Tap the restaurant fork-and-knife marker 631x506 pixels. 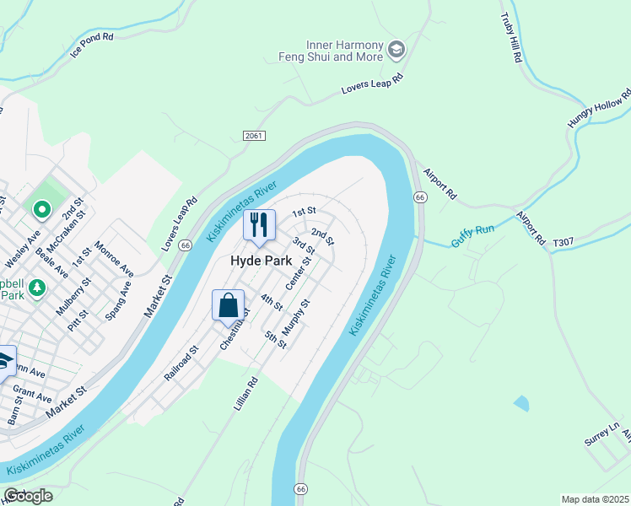point(260,224)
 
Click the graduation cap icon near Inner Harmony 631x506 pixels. point(396,51)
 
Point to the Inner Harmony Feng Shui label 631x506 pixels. point(332,51)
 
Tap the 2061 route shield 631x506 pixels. point(253,136)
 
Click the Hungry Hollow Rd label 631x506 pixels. point(598,109)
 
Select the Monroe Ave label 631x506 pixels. point(114,260)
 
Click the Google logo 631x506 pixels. point(28,496)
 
